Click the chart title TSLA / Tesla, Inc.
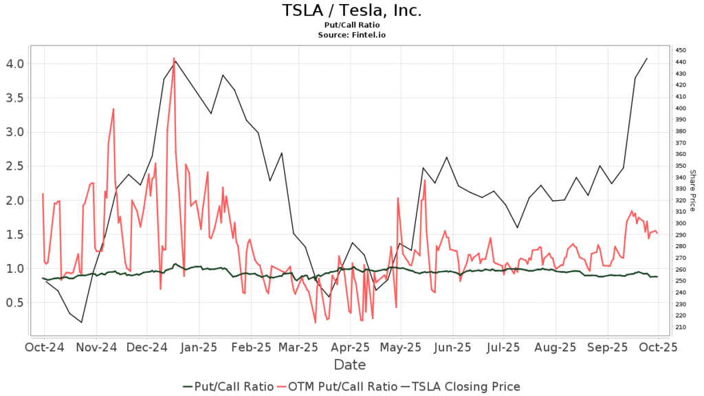coord(351,11)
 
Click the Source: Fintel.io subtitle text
coord(351,34)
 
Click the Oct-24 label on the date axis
coord(45,347)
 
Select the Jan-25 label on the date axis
coord(199,347)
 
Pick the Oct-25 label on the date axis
coord(659,347)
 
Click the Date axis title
coord(350,364)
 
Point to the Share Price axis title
coord(693,190)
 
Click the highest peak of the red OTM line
coord(174,58)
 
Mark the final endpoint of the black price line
coord(647,58)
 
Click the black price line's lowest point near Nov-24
coord(82,322)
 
